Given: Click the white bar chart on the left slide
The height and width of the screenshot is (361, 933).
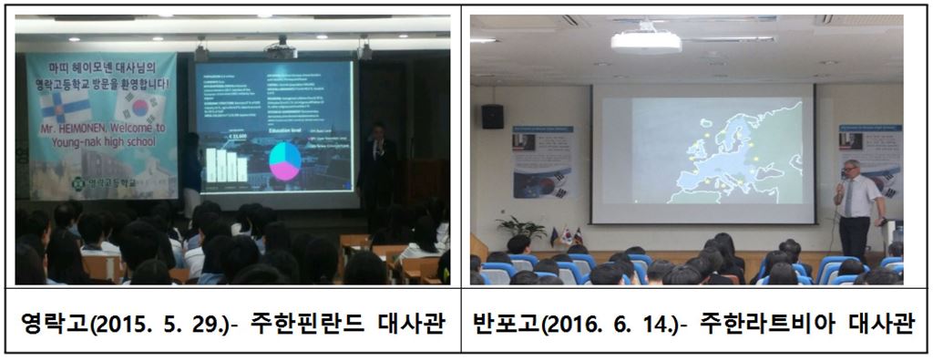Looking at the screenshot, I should pyautogui.click(x=225, y=165).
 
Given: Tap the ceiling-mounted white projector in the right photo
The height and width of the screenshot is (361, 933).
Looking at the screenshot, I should pyautogui.click(x=645, y=41).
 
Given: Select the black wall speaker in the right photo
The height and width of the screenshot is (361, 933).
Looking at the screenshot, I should pyautogui.click(x=492, y=116).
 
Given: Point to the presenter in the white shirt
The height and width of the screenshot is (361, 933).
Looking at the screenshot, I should pyautogui.click(x=856, y=208).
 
